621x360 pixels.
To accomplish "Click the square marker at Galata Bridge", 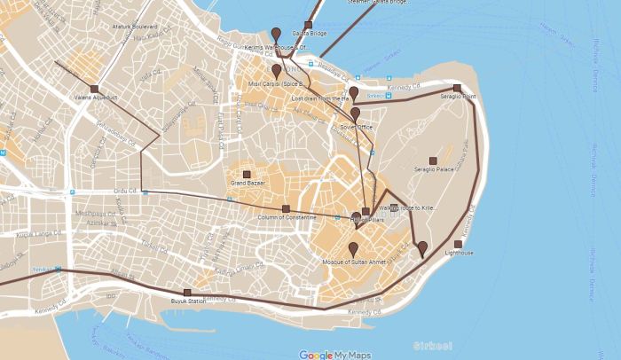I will (x=309, y=26).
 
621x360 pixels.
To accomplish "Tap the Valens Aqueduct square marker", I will (x=94, y=90).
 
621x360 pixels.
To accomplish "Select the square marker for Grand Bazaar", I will (x=247, y=175).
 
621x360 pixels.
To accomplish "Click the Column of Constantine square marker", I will (x=287, y=209).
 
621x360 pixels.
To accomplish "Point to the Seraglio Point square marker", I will (x=457, y=88).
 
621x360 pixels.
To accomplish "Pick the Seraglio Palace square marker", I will (x=433, y=160).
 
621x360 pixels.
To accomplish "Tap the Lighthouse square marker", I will (x=458, y=244).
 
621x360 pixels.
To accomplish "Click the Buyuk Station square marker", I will (x=187, y=293).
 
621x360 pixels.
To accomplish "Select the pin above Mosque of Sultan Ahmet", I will (x=353, y=248).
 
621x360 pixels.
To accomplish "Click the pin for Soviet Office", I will (x=356, y=113).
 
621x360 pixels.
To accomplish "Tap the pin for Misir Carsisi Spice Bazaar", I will (x=277, y=70).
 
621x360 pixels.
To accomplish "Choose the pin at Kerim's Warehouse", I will (x=276, y=34).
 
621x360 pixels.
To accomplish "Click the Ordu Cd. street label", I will (x=127, y=190).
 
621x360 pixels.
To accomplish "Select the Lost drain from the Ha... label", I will (x=321, y=98).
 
